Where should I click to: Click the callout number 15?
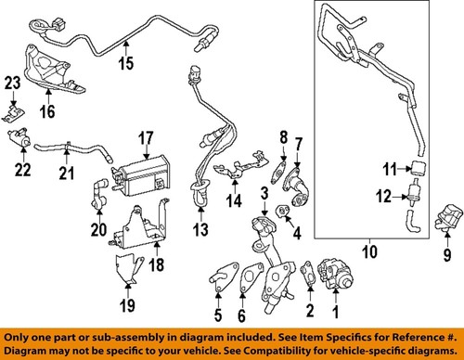(x=126, y=63)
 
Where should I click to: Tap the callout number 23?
(x=13, y=83)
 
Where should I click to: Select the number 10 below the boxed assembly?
(x=369, y=251)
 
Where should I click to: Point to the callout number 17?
(x=146, y=138)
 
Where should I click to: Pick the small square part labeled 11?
(x=419, y=168)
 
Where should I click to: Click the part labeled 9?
(x=449, y=217)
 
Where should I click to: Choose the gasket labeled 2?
(x=308, y=274)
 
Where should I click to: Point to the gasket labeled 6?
(x=251, y=276)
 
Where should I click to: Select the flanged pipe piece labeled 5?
(x=224, y=276)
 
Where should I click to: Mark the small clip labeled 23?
(x=13, y=113)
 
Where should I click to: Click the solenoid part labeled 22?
(x=19, y=137)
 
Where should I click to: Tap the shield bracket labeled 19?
(x=128, y=268)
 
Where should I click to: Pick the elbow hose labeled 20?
(x=99, y=194)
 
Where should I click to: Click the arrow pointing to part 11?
(x=404, y=169)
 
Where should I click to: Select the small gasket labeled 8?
(x=278, y=172)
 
